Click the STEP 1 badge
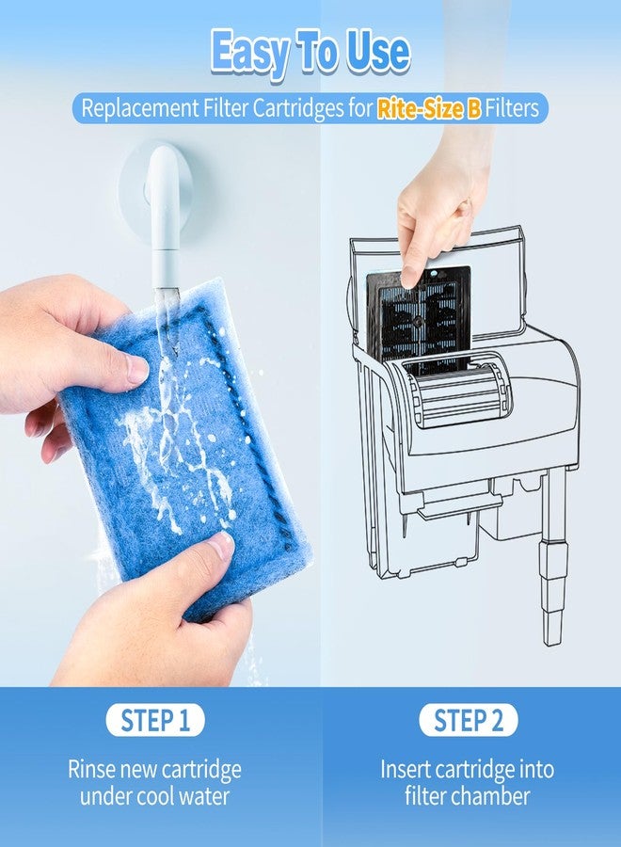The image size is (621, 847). pos(155,720)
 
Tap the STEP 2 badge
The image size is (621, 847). pos(468,720)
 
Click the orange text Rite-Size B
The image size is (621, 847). pos(429,108)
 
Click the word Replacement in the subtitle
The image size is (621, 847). pos(140,108)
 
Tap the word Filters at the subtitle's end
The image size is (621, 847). pos(512,108)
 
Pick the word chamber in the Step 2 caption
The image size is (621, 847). pos(490,796)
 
